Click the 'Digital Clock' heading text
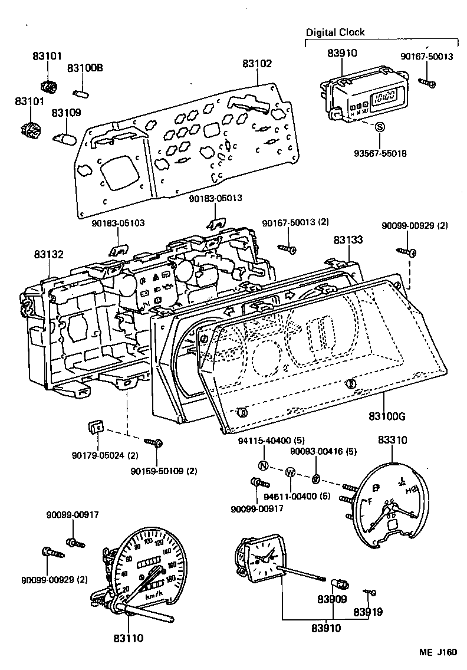(335, 32)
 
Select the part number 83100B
(85, 68)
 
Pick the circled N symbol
(264, 466)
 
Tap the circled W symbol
(290, 472)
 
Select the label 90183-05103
(119, 223)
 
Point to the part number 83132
(49, 254)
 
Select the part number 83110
(128, 638)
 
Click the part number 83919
(368, 612)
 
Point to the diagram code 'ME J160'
(438, 652)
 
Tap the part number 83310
(392, 440)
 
